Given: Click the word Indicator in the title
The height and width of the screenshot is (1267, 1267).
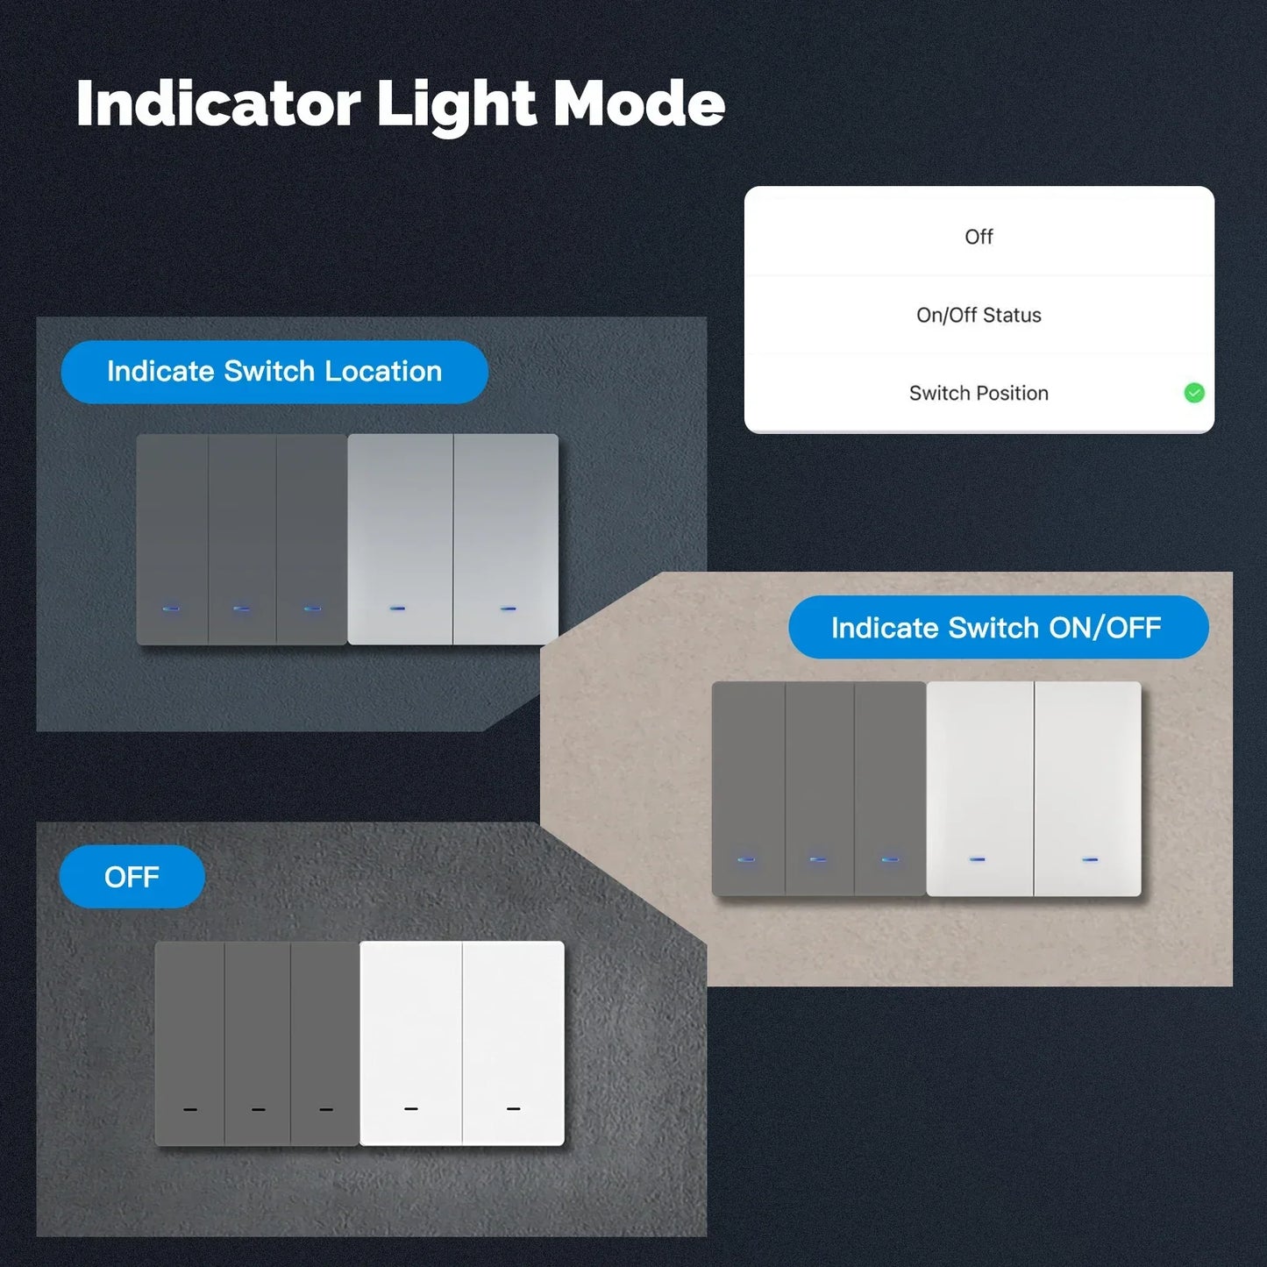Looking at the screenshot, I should tap(218, 103).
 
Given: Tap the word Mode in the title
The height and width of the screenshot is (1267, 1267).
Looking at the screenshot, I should tap(639, 103).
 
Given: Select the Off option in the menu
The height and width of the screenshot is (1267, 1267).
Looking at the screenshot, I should tap(979, 237).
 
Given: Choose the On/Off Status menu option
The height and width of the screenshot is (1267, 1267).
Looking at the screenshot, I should tap(979, 315).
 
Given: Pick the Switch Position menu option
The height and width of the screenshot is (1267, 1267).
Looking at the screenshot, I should tap(979, 393).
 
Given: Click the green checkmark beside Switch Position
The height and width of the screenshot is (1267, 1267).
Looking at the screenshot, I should tap(1193, 393).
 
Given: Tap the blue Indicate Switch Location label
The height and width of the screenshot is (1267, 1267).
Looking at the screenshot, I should tap(274, 372).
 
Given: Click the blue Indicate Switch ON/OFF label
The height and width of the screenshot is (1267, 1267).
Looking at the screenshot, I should tap(998, 628).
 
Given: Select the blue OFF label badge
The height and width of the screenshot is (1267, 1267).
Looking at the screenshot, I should tap(132, 877).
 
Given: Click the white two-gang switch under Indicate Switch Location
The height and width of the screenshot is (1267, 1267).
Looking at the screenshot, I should tap(452, 538).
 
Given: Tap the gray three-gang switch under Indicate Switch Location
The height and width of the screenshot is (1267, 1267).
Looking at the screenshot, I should tap(241, 538).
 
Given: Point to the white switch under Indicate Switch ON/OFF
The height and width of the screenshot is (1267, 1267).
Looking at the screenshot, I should tap(1034, 788).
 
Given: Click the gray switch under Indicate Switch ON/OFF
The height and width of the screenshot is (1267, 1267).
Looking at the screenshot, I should tap(818, 788).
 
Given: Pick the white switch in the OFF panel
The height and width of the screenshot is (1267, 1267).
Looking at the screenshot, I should tap(462, 1043).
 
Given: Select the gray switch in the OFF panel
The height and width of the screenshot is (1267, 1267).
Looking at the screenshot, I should tap(257, 1043).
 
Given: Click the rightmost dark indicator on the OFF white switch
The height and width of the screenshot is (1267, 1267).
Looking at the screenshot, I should tap(514, 1109).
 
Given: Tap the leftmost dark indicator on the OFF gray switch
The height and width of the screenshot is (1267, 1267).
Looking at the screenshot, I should tap(190, 1110).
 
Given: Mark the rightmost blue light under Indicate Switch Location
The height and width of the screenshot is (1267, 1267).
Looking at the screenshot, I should tap(508, 608).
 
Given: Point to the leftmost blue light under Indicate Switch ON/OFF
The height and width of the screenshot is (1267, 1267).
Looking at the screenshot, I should tap(746, 859).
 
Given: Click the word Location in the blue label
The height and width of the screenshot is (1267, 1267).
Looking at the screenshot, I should tap(383, 372).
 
